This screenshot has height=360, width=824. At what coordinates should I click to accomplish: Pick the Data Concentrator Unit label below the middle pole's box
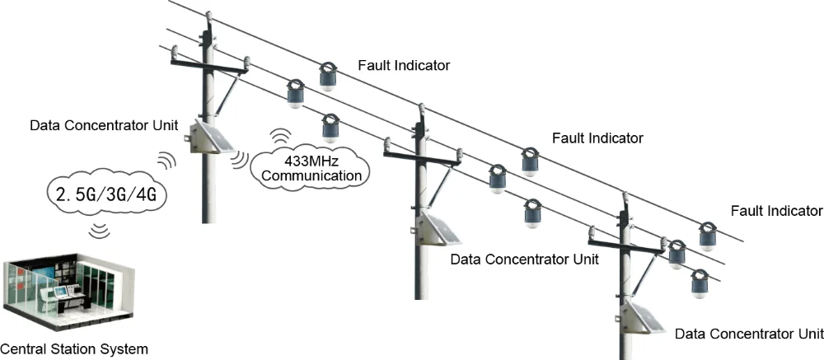[x=525, y=259]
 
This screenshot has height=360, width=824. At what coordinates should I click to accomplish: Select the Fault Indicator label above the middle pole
[x=597, y=138]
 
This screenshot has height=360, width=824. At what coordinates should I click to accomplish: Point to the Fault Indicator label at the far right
[x=776, y=210]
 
